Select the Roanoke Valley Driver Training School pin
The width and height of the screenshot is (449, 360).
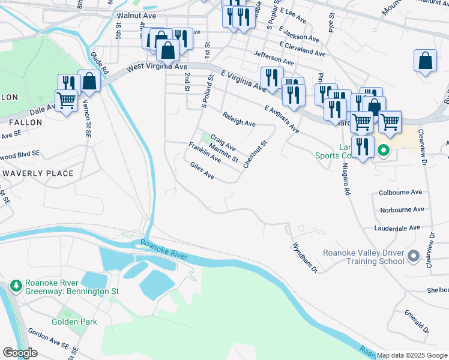[x=413, y=257]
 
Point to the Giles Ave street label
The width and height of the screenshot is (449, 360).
[x=202, y=172]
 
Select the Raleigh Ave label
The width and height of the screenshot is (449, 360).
[x=238, y=119]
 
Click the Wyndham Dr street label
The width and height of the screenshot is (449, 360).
[x=304, y=257]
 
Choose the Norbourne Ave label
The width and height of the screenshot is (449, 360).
[x=401, y=210]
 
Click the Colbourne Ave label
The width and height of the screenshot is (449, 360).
[x=400, y=193]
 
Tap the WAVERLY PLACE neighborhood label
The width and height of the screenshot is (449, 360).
[x=38, y=173]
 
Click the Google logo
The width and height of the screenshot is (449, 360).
[x=20, y=353]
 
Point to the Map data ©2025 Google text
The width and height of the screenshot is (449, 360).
[x=411, y=355]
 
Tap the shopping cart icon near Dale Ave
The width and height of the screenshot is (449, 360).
[x=66, y=100]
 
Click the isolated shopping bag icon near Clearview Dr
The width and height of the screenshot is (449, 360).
[x=425, y=61]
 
